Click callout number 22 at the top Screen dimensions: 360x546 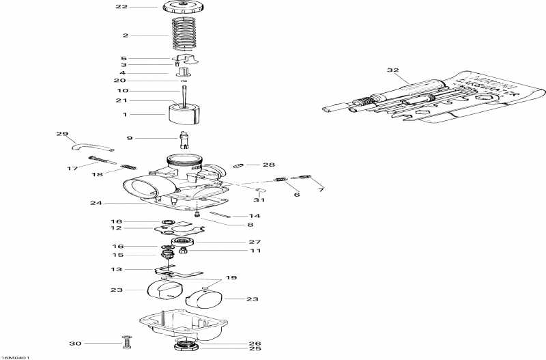coord(121,7)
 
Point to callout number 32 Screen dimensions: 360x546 coord(392,70)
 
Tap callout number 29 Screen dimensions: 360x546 coord(62,134)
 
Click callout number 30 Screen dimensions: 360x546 coord(75,343)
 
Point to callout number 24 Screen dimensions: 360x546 coord(96,203)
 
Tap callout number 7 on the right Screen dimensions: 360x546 coord(321,189)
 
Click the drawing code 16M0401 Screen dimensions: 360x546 coord(16,356)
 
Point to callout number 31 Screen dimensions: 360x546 coord(259,200)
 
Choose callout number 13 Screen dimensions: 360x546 coord(117,270)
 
